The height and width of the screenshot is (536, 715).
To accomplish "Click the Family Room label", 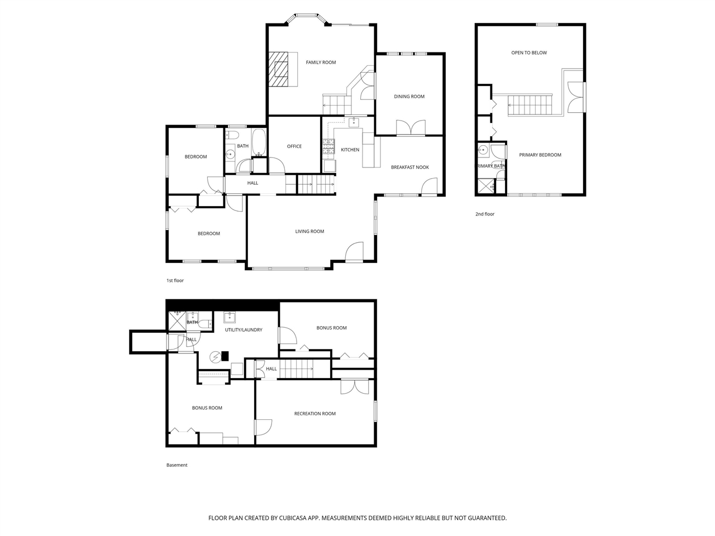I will click(321, 63).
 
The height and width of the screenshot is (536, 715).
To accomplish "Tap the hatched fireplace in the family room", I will click(279, 69).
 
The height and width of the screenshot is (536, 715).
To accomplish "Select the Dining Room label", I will click(409, 97).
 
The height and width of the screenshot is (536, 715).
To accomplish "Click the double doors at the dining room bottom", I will click(411, 128).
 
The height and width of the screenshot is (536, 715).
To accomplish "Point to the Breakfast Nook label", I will click(409, 167).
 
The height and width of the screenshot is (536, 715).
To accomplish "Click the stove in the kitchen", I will click(328, 147).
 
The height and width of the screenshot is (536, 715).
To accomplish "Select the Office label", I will click(294, 146).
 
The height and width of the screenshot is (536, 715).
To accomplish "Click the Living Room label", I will click(309, 231).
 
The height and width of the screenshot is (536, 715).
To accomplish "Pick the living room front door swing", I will click(355, 252).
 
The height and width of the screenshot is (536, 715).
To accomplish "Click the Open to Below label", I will click(529, 53).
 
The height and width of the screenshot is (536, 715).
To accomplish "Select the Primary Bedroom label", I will click(540, 155).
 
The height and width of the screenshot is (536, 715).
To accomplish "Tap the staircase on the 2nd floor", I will click(529, 105).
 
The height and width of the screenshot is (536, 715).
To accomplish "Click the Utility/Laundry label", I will click(243, 330).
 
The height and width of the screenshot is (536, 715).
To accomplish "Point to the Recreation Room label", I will click(314, 414).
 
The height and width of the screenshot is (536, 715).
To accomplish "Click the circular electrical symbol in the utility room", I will click(215, 357).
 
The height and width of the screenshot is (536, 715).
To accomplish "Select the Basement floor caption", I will click(177, 465).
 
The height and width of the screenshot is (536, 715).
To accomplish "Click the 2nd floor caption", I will click(485, 214).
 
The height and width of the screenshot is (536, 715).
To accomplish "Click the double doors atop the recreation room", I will click(355, 386).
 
